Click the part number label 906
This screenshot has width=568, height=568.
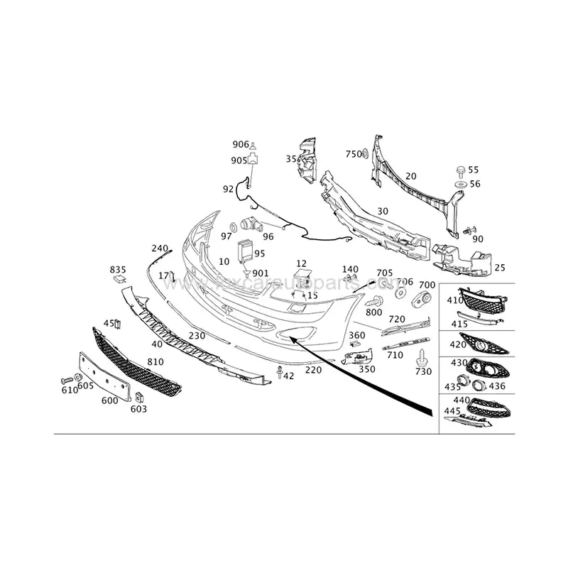(x=241, y=146)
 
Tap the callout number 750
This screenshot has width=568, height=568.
(x=354, y=154)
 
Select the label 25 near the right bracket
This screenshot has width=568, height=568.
(x=500, y=268)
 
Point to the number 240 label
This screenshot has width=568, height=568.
(x=160, y=248)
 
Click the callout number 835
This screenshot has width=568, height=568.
(x=117, y=270)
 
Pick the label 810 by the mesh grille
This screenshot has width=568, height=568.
(x=155, y=362)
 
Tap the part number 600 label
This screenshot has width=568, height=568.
(x=109, y=400)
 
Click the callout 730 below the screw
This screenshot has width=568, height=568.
(x=422, y=372)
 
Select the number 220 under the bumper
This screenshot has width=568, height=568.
(x=312, y=370)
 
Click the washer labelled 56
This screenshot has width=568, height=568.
(x=459, y=184)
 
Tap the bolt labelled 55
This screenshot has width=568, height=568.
(x=459, y=170)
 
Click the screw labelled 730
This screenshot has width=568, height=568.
(x=425, y=354)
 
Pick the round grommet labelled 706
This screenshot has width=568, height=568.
(x=400, y=293)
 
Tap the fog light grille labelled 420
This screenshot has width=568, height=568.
(x=487, y=347)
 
